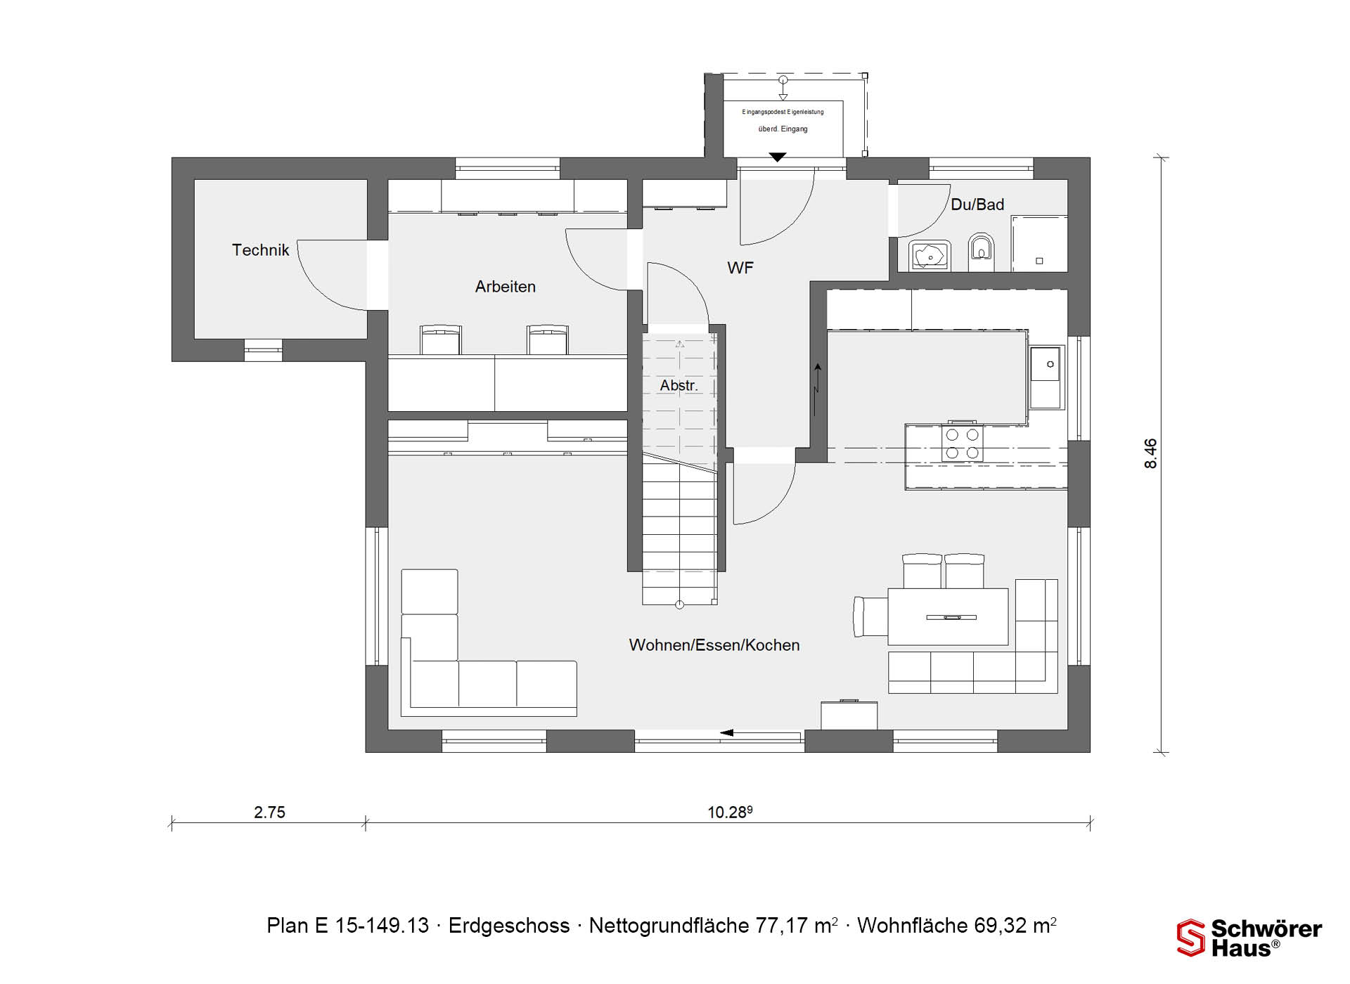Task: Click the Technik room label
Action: click(260, 250)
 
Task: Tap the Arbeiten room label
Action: click(505, 287)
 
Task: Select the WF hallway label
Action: click(740, 268)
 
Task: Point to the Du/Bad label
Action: click(977, 205)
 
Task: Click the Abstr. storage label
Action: click(679, 386)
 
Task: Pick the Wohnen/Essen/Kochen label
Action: click(714, 645)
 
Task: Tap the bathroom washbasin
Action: click(930, 256)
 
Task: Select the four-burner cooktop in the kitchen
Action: click(962, 444)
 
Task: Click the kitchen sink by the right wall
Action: click(1046, 377)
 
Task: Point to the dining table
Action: click(948, 616)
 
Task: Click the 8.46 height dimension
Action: click(1150, 453)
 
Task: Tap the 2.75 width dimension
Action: click(269, 813)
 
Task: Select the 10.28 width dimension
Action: click(730, 813)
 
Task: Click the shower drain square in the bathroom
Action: click(1039, 261)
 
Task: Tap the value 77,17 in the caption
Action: click(782, 926)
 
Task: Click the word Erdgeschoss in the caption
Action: click(509, 926)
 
